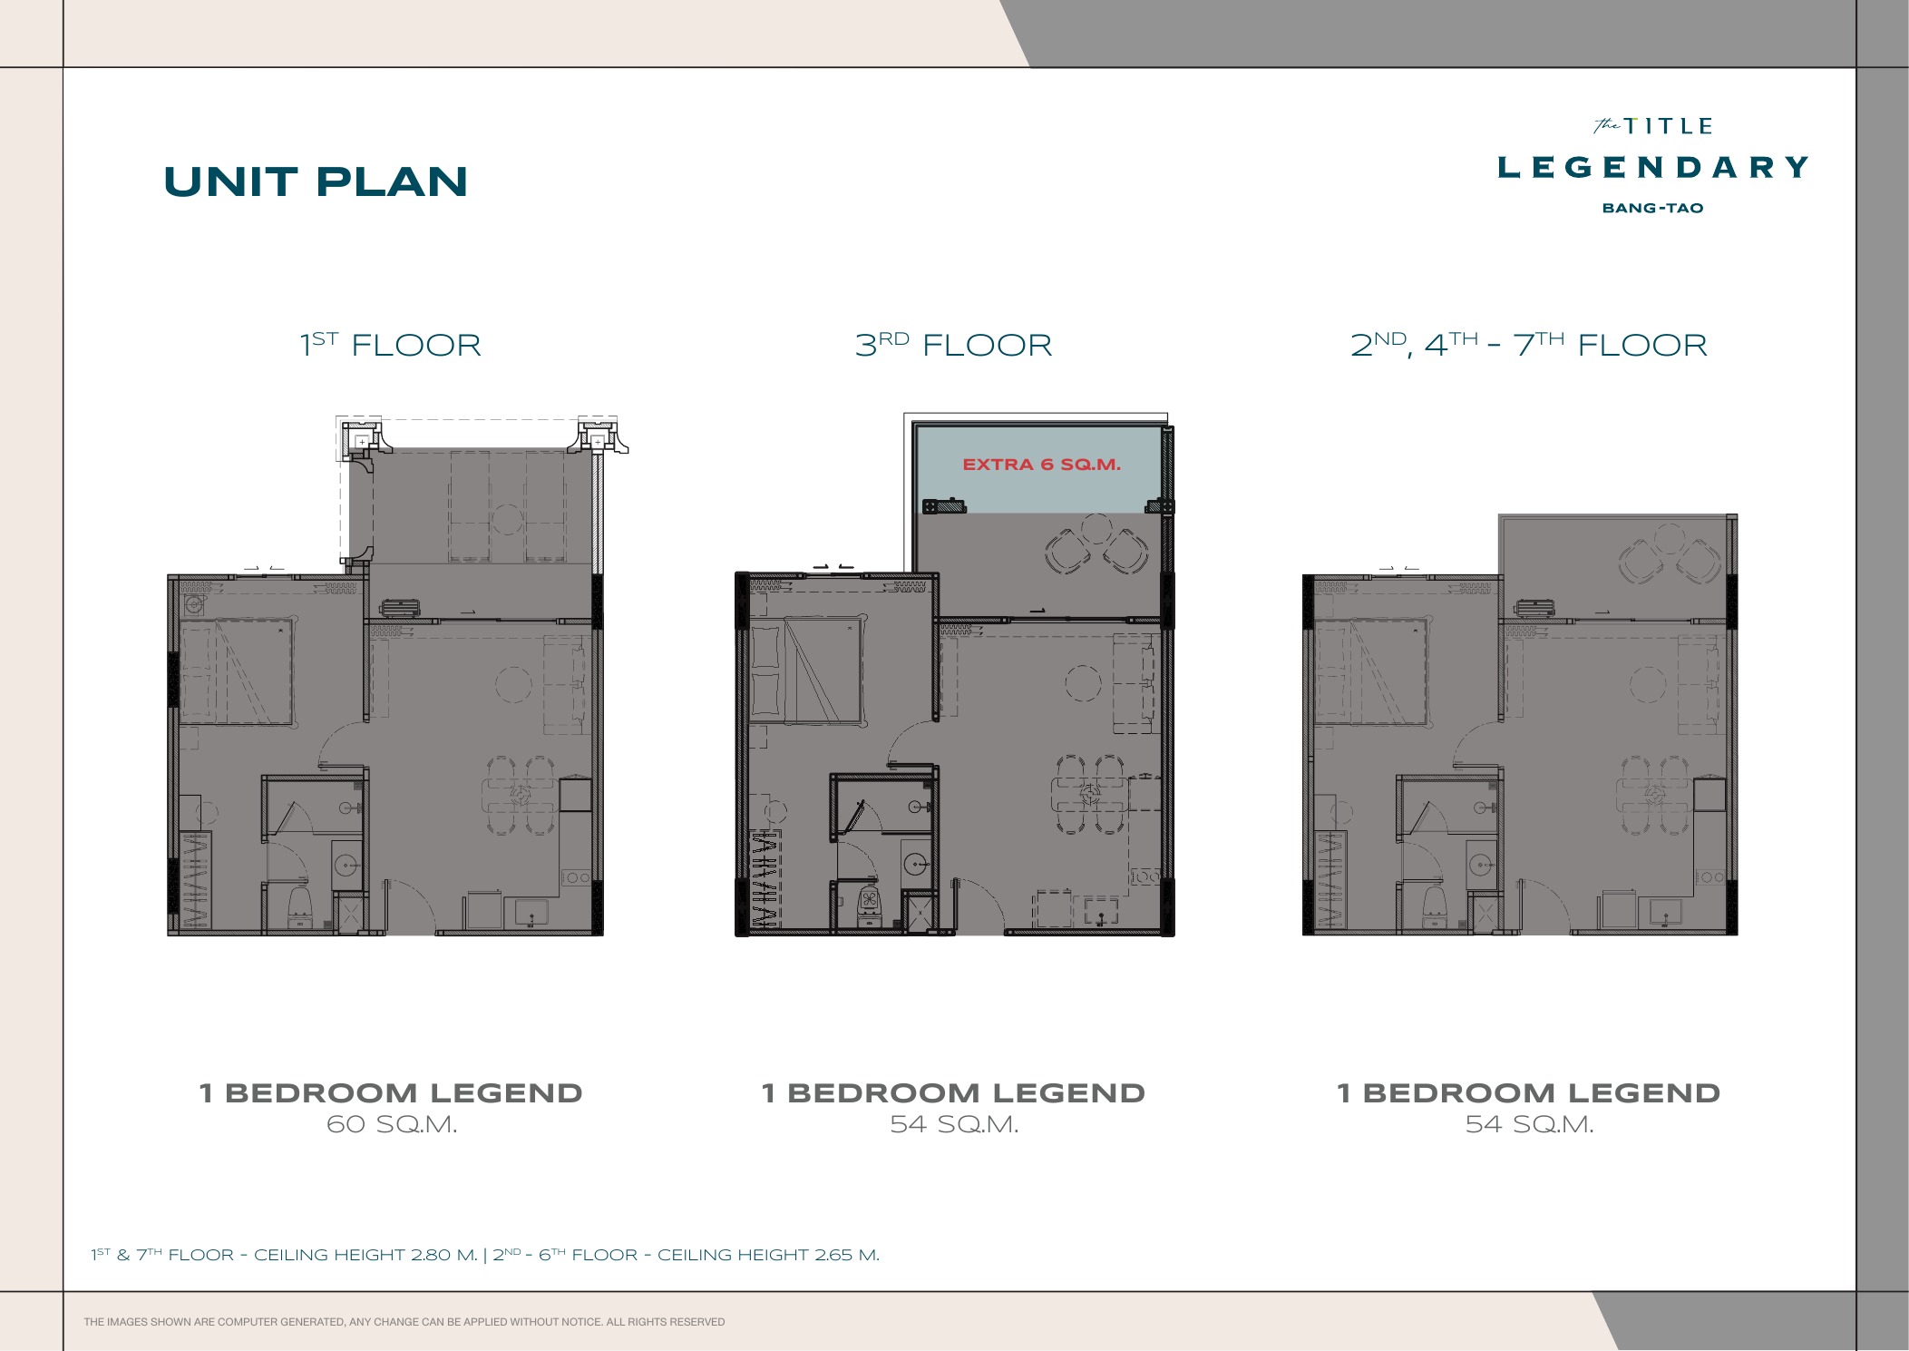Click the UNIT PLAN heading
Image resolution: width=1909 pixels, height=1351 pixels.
316,181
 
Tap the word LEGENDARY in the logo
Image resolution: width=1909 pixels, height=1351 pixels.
1652,167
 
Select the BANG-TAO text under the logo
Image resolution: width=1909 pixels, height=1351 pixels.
1652,208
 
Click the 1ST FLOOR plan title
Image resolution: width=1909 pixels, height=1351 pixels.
391,345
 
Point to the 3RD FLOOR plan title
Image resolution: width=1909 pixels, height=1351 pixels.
953,345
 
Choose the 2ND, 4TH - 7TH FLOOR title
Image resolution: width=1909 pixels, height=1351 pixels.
1528,345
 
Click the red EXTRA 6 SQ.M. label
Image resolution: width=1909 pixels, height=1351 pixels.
1041,465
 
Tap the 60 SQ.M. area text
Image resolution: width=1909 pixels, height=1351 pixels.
392,1124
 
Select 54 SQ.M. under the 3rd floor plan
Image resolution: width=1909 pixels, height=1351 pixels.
954,1124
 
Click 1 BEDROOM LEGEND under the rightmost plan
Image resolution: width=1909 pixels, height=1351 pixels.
1528,1092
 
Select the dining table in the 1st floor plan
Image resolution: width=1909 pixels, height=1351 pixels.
521,796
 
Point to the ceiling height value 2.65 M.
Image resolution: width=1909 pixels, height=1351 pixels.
847,1255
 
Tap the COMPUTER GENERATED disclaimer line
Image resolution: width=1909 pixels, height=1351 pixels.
404,1322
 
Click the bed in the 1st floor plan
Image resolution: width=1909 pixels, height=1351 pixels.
238,672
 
